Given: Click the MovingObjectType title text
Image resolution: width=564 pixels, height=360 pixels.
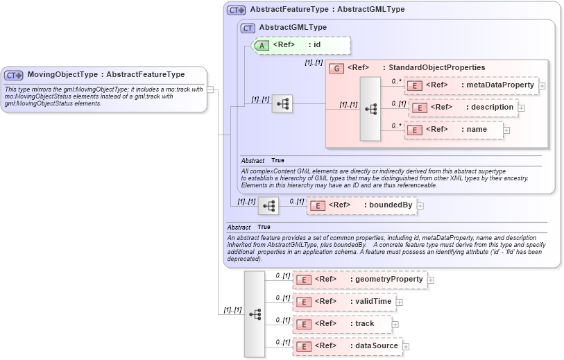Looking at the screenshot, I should pos(105,75).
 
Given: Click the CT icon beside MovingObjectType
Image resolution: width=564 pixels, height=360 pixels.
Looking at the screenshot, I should pos(14,75).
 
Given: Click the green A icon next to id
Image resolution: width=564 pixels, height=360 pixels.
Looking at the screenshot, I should pos(262,45).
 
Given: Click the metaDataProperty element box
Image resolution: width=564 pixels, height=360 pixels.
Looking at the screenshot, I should pos(471,85).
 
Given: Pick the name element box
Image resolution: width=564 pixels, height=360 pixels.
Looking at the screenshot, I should pos(454,130).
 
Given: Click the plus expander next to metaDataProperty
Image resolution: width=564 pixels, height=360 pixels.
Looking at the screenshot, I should pos(542,86).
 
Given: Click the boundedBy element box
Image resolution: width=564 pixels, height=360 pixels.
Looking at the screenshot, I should pos(361,205).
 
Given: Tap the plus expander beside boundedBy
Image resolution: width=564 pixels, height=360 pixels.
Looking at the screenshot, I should pos(420,206).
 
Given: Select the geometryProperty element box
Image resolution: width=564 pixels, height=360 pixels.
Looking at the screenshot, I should pos(359,280).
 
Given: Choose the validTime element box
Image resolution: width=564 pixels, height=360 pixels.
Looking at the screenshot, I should pos(344,302).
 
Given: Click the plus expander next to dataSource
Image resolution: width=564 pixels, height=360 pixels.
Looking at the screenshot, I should pos(407,347).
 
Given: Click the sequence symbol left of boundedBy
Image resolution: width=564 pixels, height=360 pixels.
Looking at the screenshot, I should pos(268,205).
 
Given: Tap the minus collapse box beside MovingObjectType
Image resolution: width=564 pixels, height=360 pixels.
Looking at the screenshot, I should pos(210,89).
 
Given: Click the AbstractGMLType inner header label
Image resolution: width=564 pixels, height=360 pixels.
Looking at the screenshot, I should pos(292,27).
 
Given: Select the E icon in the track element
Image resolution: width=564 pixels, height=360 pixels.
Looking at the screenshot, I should pos(302,324).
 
